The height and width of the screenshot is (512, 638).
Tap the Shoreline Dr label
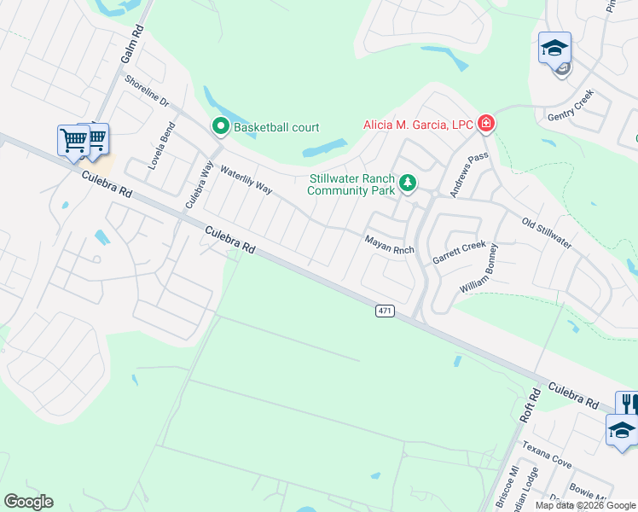(147, 92)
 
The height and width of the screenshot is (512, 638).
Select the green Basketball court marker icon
(220, 127)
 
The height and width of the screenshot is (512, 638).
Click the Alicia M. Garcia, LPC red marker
(486, 125)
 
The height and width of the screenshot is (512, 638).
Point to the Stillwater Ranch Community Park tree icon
(409, 182)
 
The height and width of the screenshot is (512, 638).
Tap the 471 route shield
(385, 311)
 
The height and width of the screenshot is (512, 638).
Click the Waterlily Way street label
(246, 178)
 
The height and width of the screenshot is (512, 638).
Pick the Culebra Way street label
(199, 184)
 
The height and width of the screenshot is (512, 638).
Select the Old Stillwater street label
(546, 233)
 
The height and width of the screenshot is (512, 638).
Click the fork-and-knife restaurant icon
(629, 402)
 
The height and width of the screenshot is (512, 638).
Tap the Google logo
(28, 502)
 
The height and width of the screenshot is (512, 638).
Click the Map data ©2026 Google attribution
(585, 505)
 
